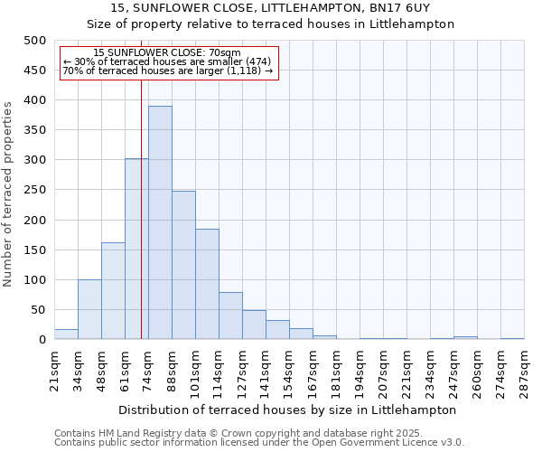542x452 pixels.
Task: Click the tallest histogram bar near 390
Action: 160,223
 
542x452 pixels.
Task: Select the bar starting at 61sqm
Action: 136,250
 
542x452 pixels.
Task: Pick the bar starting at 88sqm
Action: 183,266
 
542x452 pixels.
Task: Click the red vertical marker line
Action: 142,208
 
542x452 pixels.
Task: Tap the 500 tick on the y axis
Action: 35,41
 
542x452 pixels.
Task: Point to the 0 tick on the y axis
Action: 42,340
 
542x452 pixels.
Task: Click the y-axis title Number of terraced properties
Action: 8,193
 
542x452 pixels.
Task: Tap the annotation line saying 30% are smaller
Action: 167,61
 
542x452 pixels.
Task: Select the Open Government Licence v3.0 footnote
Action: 259,443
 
